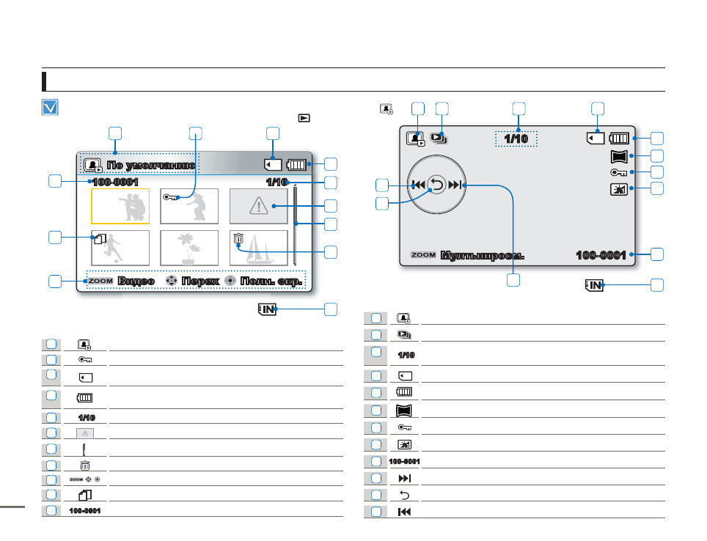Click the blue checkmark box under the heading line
pos(50,108)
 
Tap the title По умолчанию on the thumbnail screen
pos(150,164)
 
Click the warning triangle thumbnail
pos(259,206)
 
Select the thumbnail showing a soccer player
pos(120,248)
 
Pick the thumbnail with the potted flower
pos(189,248)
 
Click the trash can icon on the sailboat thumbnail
pos(238,238)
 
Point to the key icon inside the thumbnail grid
pos(172,197)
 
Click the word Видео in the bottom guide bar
pos(136,281)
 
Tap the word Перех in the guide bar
pos(200,281)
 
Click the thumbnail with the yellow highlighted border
pos(120,206)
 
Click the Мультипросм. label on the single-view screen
pos(482,256)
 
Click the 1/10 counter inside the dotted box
pos(516,139)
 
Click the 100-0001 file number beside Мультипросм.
pos(601,255)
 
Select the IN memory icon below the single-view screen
pos(594,285)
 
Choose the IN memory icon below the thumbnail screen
pos(267,309)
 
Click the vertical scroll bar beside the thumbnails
pos(295,226)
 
